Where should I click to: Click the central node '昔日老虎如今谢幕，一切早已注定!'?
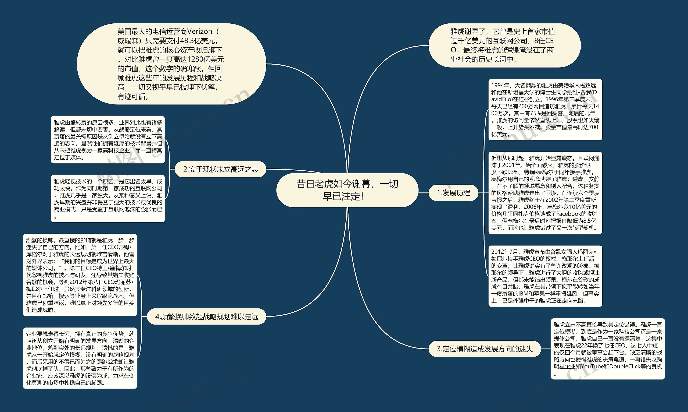[x=347, y=190]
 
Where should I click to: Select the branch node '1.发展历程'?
[x=453, y=193]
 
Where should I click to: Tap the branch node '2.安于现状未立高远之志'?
[x=221, y=169]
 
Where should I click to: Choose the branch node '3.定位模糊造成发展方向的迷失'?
[x=485, y=349]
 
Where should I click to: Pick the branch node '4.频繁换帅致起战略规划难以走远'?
[x=206, y=316]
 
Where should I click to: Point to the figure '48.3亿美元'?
[x=197, y=41]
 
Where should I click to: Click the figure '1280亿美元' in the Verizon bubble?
[x=206, y=59]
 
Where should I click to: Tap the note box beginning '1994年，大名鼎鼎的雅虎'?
[x=545, y=110]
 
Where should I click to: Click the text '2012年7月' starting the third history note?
[x=504, y=252]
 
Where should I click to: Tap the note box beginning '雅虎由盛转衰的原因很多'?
[x=108, y=140]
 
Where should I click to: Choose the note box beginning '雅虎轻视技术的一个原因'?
[x=108, y=199]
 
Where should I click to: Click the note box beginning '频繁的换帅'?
[x=80, y=275]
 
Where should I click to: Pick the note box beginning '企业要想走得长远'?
[x=80, y=358]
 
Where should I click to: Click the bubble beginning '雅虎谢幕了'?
[x=504, y=45]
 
